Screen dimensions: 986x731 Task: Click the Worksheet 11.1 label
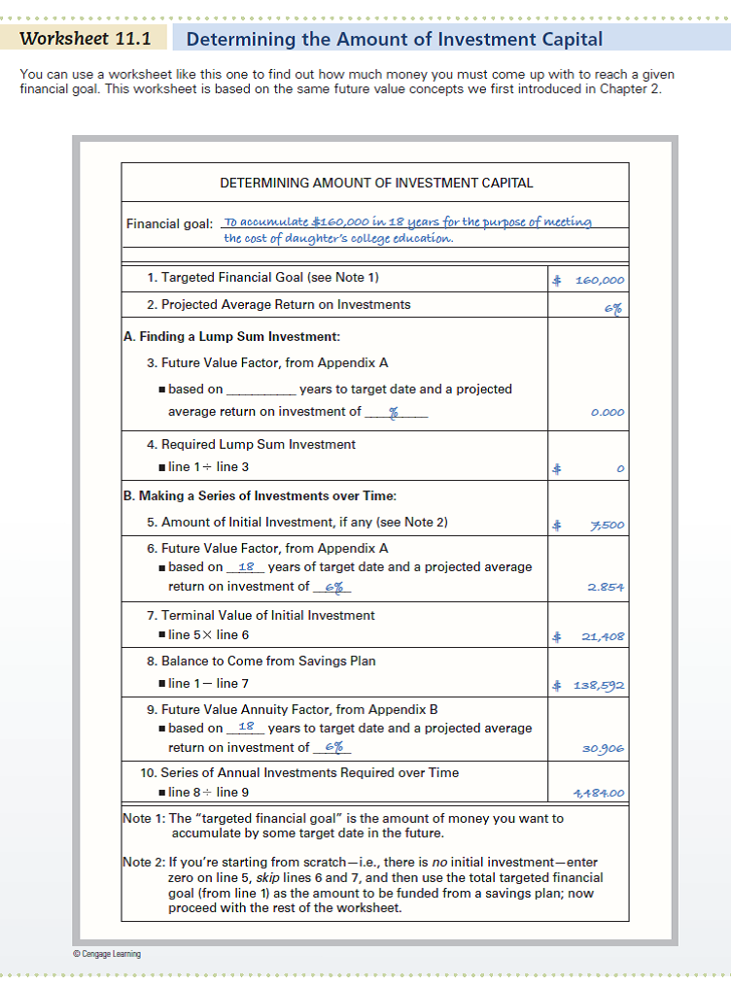point(86,39)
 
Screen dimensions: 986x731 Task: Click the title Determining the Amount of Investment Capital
point(394,39)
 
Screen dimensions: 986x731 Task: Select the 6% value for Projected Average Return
point(612,308)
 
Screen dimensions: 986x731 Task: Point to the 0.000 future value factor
point(608,412)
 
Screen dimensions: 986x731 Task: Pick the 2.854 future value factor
point(606,587)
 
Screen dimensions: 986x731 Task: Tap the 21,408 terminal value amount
point(603,637)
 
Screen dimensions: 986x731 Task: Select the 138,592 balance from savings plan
point(597,685)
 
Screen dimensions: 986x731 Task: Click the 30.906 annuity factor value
point(604,748)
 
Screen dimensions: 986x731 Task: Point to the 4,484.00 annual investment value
point(599,794)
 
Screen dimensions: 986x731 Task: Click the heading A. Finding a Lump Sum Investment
point(232,337)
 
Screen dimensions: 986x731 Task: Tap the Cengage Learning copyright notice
point(106,954)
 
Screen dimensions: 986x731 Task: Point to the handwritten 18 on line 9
point(246,727)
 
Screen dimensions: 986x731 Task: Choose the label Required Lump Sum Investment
point(251,444)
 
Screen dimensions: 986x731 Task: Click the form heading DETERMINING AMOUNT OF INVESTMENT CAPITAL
point(376,183)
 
